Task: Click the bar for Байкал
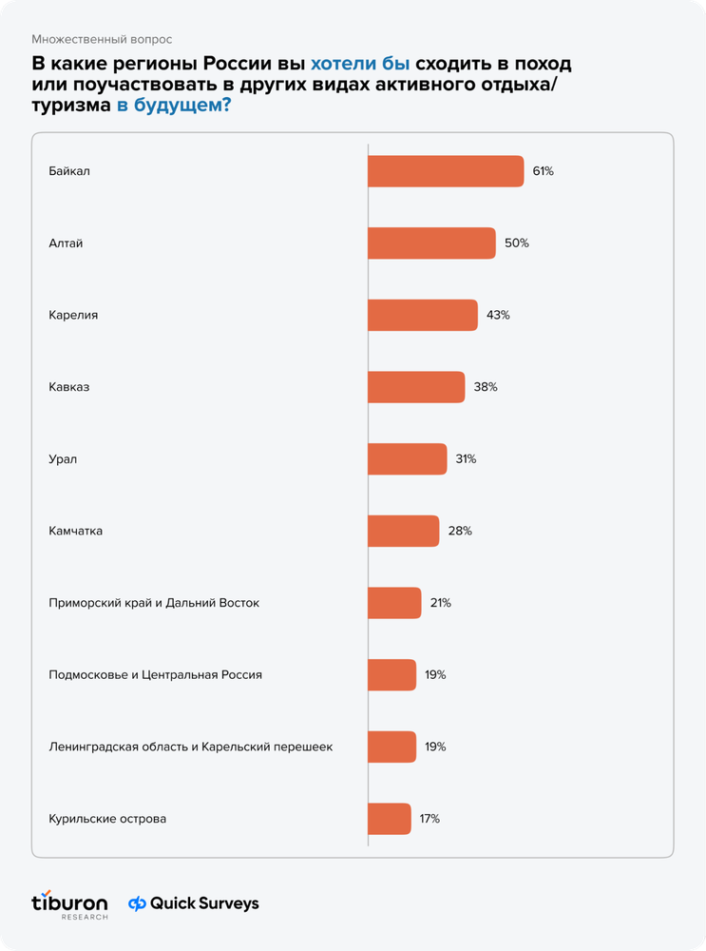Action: pos(446,171)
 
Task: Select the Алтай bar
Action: pos(432,243)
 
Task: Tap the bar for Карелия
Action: pos(423,315)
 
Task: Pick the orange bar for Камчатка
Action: pos(404,531)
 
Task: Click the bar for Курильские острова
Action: pos(390,819)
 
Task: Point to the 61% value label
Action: pos(543,171)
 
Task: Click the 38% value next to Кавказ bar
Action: pos(486,387)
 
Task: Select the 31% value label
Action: pos(466,459)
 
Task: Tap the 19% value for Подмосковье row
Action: pos(435,674)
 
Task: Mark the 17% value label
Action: pos(429,819)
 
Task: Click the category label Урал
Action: pos(63,459)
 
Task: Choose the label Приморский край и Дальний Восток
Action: pos(154,603)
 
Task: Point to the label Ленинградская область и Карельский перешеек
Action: pos(191,747)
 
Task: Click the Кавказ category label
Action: pos(69,387)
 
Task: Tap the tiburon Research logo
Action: pos(69,905)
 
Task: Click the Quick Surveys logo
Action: pos(193,903)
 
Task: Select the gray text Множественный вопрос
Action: pos(102,39)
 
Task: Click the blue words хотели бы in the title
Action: pos(360,64)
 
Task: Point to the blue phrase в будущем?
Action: pos(174,105)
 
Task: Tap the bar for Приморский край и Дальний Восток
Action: pos(394,603)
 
